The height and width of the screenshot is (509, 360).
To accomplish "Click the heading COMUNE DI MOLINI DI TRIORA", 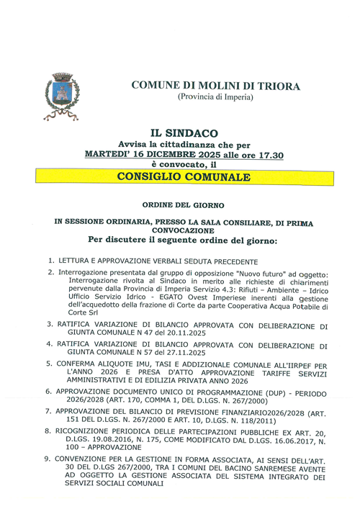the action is (x=216, y=86).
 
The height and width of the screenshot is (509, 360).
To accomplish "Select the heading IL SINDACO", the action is (x=179, y=133).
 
